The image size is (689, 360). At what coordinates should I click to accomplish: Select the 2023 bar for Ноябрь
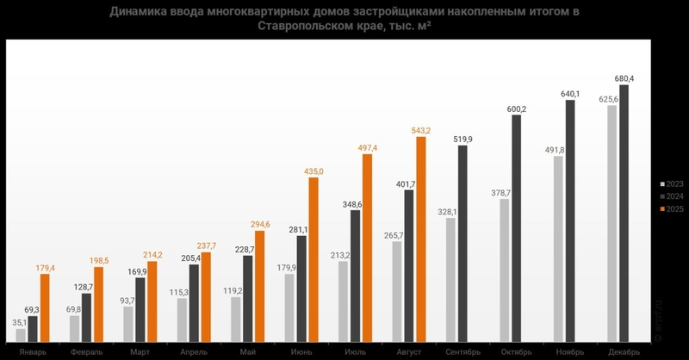point(558,249)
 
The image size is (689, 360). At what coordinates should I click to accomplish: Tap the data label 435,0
point(315,172)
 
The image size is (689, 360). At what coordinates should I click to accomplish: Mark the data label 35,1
point(19,322)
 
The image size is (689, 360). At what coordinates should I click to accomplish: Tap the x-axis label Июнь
point(301,352)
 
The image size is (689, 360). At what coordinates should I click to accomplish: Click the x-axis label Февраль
point(87,352)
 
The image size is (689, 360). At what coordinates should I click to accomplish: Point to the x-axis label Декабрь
point(623,352)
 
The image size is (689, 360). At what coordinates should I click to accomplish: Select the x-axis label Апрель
point(194,352)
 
